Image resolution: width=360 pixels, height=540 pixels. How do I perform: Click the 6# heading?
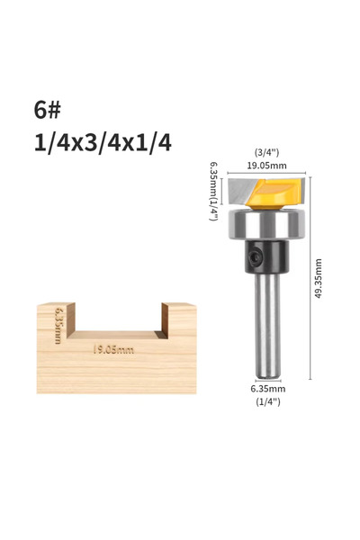[x=47, y=110]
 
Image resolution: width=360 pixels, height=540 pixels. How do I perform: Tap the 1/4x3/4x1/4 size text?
[x=103, y=142]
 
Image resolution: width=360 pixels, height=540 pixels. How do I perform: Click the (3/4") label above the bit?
[x=266, y=152]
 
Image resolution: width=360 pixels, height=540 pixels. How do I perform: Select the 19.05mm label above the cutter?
[x=266, y=166]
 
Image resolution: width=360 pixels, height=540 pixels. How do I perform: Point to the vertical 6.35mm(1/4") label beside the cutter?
[x=214, y=191]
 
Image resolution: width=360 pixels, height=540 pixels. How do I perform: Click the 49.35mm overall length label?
[x=319, y=278]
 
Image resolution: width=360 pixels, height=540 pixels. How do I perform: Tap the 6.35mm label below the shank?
[x=267, y=389]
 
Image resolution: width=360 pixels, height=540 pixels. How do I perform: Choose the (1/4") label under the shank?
[x=268, y=401]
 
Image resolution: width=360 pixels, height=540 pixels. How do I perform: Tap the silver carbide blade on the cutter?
[x=240, y=191]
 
